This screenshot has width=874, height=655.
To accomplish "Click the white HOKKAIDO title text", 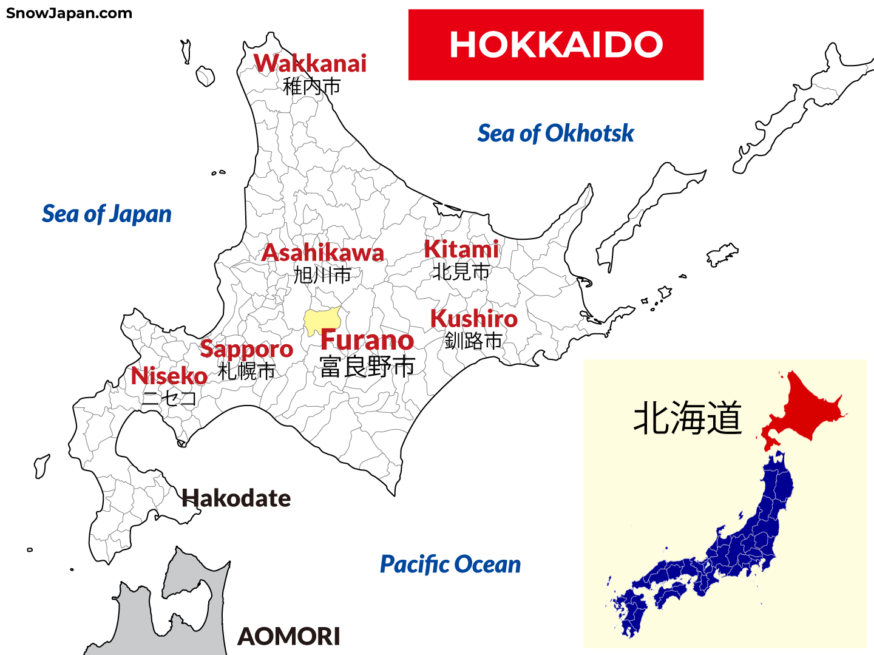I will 555,45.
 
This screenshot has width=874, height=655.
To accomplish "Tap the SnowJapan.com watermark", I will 69,13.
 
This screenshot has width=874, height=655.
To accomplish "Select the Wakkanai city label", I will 310,64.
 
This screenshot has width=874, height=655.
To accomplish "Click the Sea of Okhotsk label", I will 555,134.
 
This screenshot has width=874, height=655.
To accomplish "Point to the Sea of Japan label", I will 106,214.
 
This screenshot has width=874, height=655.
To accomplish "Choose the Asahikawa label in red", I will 323,253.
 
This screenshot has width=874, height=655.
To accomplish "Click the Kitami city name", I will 461,249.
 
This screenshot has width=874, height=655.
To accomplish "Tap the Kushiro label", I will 474,319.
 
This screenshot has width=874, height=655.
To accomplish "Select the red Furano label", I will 367,341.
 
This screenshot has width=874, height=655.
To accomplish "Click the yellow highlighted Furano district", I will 322,319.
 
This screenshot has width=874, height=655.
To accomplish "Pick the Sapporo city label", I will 246,349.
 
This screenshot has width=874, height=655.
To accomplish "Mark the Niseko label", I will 169,376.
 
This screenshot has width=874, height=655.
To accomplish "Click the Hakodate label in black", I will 237,498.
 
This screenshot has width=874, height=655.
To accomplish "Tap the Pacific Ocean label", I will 450,565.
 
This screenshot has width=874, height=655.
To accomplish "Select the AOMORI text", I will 289,636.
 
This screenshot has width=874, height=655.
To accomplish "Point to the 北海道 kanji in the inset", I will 688,418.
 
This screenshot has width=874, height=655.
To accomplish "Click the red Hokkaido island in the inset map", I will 807,407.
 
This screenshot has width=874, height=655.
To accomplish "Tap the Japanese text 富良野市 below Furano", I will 368,367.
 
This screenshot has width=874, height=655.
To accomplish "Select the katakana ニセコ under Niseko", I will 169,398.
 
